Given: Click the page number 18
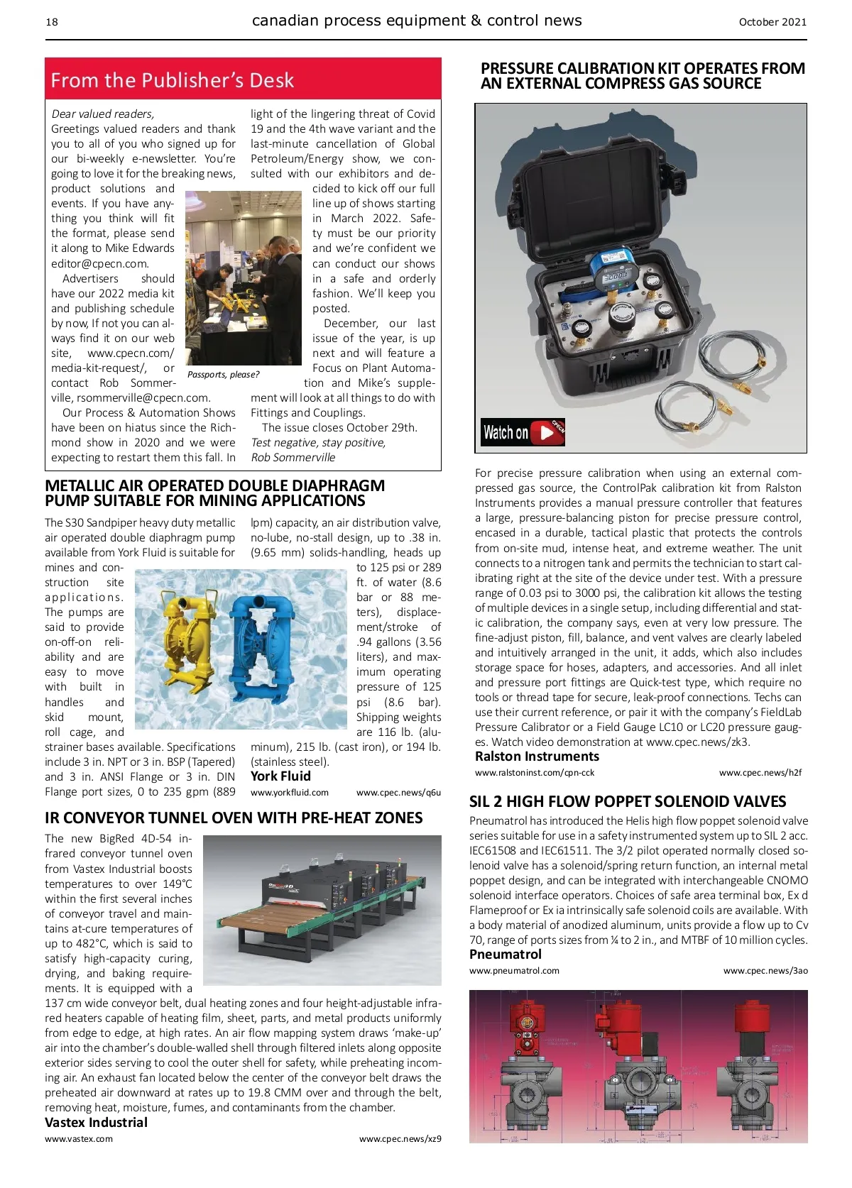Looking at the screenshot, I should click(52, 22).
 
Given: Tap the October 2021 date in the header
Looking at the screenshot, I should click(772, 22).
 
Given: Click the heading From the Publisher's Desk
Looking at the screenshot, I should click(172, 80).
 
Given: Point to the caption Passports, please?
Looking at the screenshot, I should click(223, 374).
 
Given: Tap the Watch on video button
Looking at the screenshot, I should click(523, 432).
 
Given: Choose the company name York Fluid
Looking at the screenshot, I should click(280, 776).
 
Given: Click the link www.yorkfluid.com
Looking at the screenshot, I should click(290, 793).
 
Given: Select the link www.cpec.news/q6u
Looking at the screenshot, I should click(398, 793).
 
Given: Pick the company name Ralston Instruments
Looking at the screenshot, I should click(537, 757).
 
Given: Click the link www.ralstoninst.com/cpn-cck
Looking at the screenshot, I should click(535, 773).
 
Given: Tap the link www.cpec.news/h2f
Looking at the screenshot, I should click(760, 773).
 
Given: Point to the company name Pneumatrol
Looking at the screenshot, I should click(505, 955).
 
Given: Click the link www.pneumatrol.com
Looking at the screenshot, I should click(514, 971).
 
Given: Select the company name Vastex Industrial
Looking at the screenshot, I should click(96, 1123).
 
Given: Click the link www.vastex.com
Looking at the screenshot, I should click(78, 1139).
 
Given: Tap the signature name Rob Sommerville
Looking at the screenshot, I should click(293, 458).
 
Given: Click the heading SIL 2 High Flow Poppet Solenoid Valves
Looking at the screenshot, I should click(628, 802).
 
